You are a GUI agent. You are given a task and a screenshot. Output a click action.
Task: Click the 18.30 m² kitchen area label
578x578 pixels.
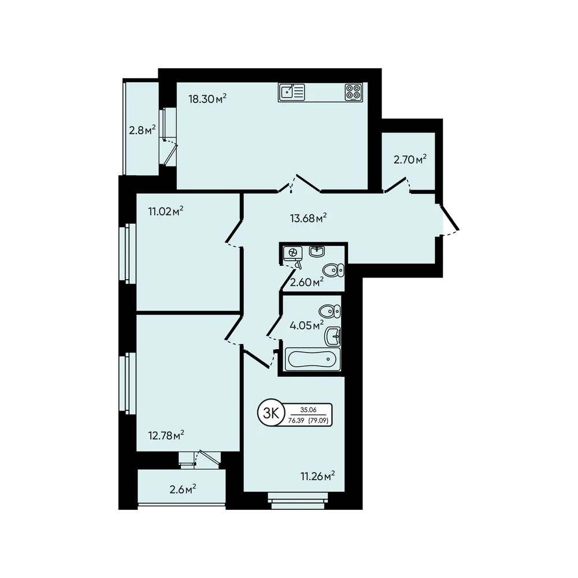click(207, 99)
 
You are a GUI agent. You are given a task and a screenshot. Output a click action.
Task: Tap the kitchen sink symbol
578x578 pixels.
click(292, 92)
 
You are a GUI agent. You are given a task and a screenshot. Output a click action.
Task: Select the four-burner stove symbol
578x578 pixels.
click(354, 92)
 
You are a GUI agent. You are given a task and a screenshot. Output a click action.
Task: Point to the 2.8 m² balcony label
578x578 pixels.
click(142, 130)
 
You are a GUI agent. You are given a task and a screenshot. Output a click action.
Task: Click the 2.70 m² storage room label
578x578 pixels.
click(410, 160)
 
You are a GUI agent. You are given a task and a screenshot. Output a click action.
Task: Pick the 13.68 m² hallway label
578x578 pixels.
click(308, 218)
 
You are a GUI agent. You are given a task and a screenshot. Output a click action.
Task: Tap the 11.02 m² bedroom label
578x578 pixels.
click(166, 212)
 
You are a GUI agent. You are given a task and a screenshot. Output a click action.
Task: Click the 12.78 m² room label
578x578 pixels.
click(166, 436)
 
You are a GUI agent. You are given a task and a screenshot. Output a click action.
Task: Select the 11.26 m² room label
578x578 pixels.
click(318, 476)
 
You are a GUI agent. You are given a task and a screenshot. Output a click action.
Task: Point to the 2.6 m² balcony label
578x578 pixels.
click(183, 490)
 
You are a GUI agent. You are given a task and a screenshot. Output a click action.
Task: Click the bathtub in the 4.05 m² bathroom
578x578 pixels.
click(313, 359)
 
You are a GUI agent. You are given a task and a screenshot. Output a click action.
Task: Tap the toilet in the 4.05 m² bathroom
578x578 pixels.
click(329, 312)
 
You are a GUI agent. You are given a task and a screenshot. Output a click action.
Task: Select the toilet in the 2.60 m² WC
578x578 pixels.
click(334, 270)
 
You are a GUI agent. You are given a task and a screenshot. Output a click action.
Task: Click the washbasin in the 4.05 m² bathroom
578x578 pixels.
click(332, 336)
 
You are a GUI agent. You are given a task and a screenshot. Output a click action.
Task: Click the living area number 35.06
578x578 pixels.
click(308, 410)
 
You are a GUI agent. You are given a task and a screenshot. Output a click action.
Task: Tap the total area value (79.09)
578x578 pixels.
click(318, 420)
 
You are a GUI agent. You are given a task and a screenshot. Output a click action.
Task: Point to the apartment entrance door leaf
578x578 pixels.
click(450, 217)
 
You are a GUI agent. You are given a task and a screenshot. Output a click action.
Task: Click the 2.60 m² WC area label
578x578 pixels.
click(307, 283)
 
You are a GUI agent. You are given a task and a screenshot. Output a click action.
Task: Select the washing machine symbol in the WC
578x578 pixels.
click(293, 253)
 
